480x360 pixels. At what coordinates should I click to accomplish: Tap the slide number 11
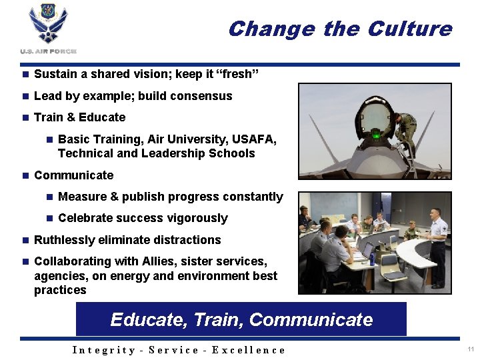click(471, 349)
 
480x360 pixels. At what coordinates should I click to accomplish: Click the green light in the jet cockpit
click(376, 136)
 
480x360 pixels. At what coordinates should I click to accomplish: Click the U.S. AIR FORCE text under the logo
click(49, 51)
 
